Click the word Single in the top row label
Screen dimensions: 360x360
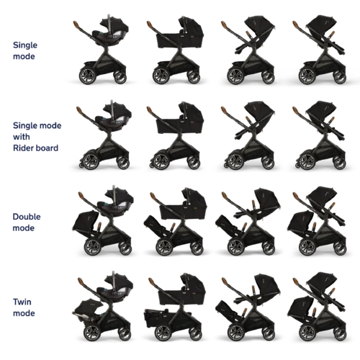point(25,45)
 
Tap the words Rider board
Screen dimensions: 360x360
point(35,148)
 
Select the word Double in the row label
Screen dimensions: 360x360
point(27,217)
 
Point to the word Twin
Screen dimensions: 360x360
point(22,302)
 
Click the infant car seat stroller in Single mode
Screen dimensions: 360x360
point(102,49)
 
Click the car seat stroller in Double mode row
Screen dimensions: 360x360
point(103,220)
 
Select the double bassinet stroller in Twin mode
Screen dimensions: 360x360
point(175,307)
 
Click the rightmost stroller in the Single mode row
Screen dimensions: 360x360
point(320,50)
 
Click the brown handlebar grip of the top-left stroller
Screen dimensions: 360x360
point(77,25)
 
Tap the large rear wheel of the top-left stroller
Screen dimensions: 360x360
point(87,76)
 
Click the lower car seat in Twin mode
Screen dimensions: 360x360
point(88,310)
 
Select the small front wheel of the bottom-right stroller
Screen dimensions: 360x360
point(340,334)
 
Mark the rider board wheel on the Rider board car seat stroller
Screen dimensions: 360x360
point(81,166)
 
